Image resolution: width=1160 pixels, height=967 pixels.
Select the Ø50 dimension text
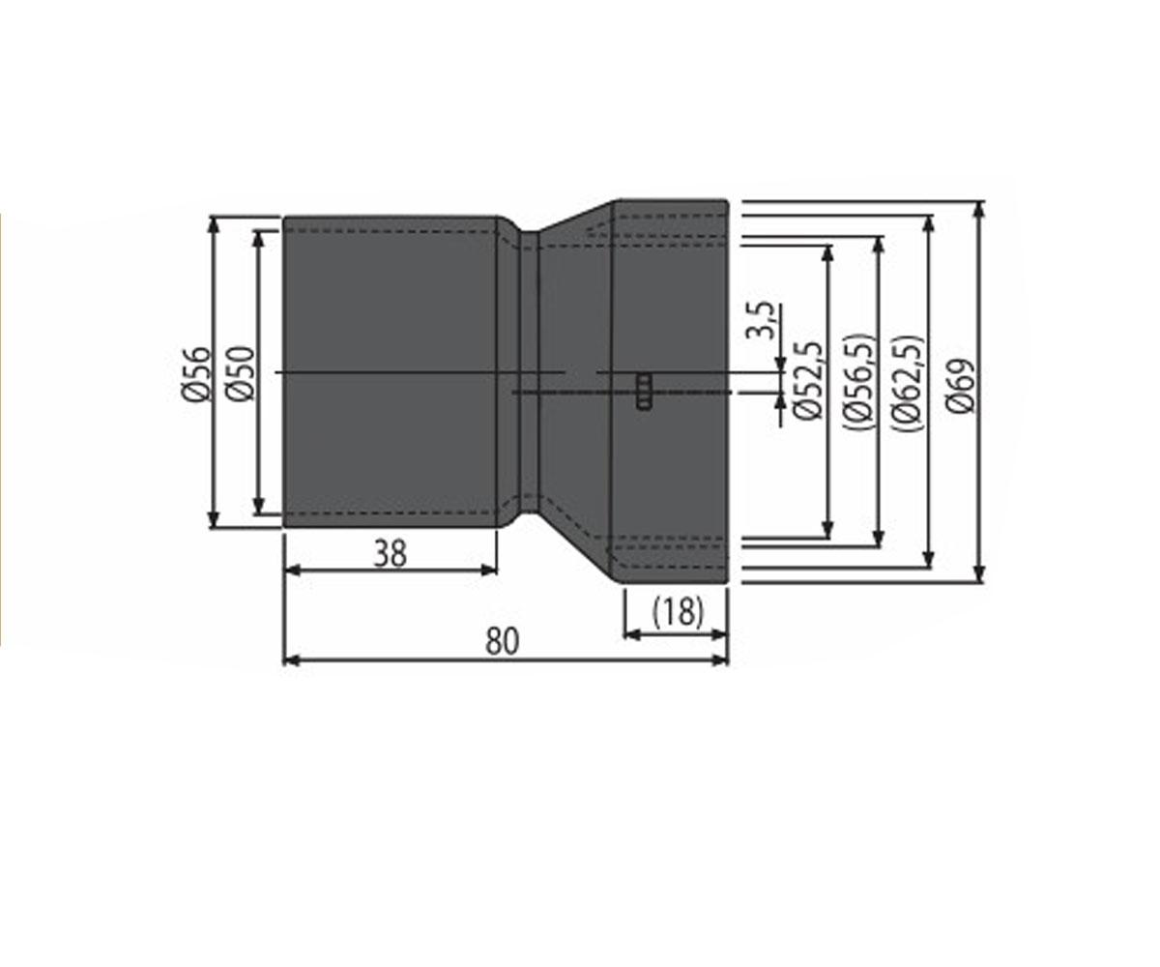[241, 373]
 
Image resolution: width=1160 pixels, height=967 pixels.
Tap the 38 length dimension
[390, 554]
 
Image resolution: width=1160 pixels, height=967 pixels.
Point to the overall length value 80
[503, 641]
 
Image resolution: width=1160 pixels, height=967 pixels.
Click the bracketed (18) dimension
[678, 611]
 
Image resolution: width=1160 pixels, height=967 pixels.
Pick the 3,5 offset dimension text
[763, 321]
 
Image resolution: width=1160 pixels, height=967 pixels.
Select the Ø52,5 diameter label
[806, 381]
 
